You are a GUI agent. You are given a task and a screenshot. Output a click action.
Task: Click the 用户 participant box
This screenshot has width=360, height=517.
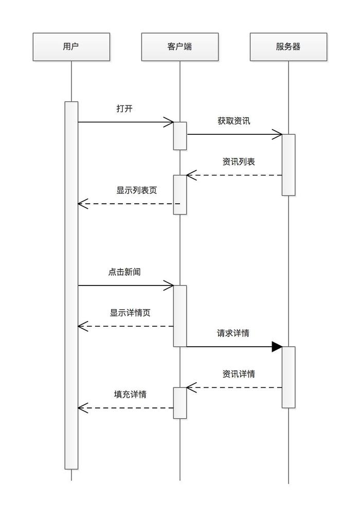coord(71,47)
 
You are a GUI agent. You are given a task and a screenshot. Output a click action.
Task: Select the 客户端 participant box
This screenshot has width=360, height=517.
coord(179,47)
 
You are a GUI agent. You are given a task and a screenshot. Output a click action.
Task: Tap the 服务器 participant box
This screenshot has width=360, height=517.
coord(288,47)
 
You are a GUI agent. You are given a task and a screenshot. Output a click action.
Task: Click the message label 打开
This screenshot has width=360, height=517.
coord(125,109)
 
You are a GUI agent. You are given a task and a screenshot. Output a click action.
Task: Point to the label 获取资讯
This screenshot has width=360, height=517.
coord(233,121)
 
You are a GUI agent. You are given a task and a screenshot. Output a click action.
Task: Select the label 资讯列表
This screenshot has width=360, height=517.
coord(239,162)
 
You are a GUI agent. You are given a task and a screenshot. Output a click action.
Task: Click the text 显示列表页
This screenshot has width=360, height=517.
coord(136,190)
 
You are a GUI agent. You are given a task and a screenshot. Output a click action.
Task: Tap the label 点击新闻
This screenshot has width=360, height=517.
coord(124,272)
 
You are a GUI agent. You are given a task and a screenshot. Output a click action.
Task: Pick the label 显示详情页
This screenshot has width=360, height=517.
coord(130,313)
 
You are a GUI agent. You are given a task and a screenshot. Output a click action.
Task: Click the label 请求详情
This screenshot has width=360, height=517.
coord(233,333)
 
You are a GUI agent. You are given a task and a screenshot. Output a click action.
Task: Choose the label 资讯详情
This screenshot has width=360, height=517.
coord(239,374)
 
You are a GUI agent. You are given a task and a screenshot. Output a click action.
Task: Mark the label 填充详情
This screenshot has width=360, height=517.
coord(130,395)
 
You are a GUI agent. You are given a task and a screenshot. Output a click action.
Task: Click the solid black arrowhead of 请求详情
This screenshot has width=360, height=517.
coord(277,347)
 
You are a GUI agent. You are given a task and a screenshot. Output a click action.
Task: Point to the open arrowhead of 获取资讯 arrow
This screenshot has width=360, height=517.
coord(278,135)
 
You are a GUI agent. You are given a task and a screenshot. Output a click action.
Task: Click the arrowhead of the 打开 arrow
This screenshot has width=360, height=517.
coord(169,122)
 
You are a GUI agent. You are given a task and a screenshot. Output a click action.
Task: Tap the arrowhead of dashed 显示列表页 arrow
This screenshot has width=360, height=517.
coord(82,204)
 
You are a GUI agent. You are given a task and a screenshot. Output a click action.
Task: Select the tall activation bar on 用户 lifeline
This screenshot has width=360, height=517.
coord(71,285)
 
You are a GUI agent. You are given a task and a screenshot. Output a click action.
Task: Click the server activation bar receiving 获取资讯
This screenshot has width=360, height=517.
coord(289,165)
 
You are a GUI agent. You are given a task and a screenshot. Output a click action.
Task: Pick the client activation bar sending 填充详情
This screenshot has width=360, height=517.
coord(179,403)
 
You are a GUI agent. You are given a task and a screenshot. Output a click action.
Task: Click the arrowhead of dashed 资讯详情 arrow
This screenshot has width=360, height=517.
coord(191,387)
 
